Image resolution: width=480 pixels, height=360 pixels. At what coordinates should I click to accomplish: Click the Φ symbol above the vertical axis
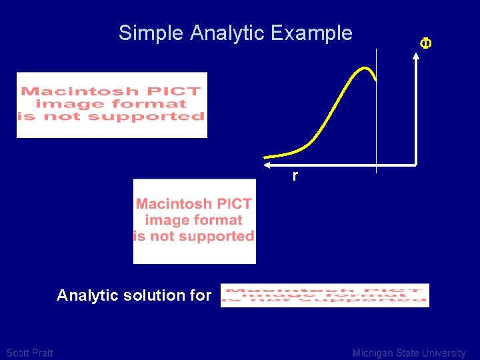[425, 43]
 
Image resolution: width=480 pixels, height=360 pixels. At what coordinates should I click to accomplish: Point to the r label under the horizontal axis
[295, 176]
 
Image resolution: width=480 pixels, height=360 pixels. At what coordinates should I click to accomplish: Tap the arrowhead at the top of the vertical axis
[415, 55]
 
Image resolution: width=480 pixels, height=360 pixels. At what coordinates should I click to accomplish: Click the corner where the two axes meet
[415, 163]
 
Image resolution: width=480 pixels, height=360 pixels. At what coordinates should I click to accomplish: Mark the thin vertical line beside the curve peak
[377, 120]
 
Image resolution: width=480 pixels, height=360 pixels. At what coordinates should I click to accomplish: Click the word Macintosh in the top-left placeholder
[79, 91]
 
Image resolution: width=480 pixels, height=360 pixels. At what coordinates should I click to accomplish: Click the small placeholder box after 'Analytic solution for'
[325, 295]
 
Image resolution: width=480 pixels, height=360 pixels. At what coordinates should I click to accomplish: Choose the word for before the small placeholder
[201, 295]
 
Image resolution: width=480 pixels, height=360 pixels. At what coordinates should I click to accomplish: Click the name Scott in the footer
[17, 353]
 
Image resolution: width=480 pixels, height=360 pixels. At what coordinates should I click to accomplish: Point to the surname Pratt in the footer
[41, 353]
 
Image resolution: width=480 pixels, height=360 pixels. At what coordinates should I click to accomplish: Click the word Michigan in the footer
[373, 353]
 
